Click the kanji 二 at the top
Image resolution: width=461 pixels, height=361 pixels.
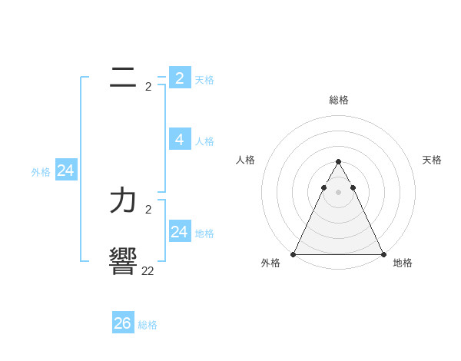pyautogui.click(x=123, y=78)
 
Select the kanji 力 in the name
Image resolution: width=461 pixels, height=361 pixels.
pyautogui.click(x=123, y=200)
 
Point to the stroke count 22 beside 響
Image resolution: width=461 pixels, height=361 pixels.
pyautogui.click(x=148, y=270)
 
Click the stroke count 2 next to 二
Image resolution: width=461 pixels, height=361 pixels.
pyautogui.click(x=148, y=87)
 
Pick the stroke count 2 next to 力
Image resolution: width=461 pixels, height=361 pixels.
pyautogui.click(x=148, y=209)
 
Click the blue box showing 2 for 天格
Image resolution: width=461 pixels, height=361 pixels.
pyautogui.click(x=179, y=78)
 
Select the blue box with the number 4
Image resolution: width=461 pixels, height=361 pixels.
pyautogui.click(x=179, y=139)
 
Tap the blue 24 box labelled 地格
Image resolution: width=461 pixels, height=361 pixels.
pyautogui.click(x=179, y=231)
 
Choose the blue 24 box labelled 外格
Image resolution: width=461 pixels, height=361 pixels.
pyautogui.click(x=66, y=171)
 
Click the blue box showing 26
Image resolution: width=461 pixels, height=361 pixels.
pyautogui.click(x=122, y=323)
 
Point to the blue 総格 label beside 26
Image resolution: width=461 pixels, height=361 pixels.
pyautogui.click(x=148, y=325)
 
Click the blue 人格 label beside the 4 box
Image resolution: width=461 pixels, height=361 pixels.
pyautogui.click(x=204, y=141)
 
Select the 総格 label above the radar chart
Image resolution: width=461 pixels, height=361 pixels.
pyautogui.click(x=338, y=100)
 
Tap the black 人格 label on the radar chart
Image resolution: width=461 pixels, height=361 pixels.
pyautogui.click(x=246, y=160)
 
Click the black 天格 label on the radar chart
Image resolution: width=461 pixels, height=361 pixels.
pyautogui.click(x=432, y=160)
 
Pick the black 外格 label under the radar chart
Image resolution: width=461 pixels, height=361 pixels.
pyautogui.click(x=270, y=263)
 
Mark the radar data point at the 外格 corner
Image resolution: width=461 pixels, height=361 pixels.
pyautogui.click(x=294, y=253)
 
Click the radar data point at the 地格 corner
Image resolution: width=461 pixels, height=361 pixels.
pyautogui.click(x=383, y=253)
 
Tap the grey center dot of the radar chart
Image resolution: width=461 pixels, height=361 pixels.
pyautogui.click(x=338, y=192)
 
